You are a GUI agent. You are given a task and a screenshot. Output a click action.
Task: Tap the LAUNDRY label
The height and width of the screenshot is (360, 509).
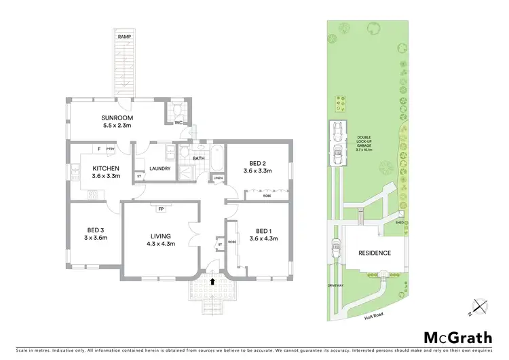tap(160, 168)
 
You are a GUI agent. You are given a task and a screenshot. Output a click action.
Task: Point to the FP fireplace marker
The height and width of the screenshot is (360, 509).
tap(161, 209)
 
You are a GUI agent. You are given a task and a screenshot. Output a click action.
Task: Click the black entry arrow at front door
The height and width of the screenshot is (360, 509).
tap(213, 280)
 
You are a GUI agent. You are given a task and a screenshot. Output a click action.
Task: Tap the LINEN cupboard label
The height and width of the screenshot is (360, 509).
tap(218, 179)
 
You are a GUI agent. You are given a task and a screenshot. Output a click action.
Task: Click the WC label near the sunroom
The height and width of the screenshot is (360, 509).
tap(178, 123)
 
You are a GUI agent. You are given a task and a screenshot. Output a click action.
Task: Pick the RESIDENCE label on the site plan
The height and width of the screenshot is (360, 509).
tap(375, 253)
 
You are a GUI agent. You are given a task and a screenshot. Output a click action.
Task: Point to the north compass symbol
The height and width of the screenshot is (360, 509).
tap(481, 308)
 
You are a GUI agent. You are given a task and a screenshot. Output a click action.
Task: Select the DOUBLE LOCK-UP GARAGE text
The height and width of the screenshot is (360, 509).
tap(364, 145)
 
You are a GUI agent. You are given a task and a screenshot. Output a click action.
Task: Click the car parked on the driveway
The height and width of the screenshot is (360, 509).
tap(336, 250)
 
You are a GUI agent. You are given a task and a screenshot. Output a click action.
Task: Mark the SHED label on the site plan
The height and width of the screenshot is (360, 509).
tap(402, 221)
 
